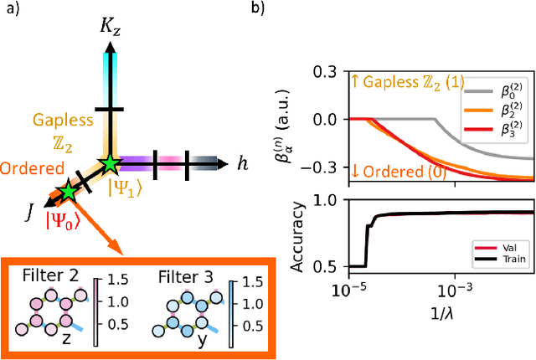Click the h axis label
click(243, 164)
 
